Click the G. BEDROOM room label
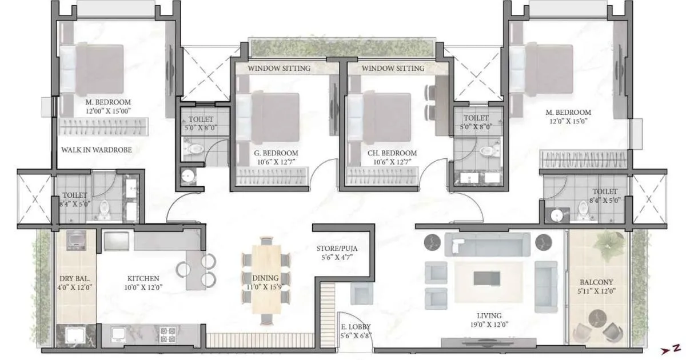tap(277, 153)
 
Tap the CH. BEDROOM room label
tap(391, 153)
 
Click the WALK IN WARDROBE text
tap(97, 150)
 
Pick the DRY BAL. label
tap(75, 279)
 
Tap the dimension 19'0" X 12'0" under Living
tap(489, 325)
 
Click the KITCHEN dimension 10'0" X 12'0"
tap(143, 289)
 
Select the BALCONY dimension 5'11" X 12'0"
tap(597, 292)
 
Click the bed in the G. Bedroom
tap(269, 118)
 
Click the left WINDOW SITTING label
tap(279, 68)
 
